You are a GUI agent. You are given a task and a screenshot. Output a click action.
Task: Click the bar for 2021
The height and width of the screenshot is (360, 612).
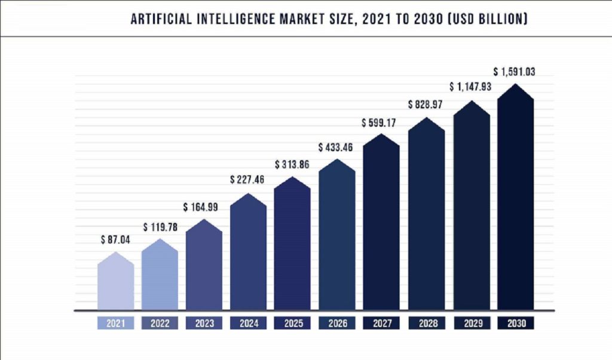tap(115, 282)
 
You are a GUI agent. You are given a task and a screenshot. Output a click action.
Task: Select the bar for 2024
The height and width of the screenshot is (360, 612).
tap(248, 254)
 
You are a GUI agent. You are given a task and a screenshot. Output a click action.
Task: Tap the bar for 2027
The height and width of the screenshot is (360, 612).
tap(381, 224)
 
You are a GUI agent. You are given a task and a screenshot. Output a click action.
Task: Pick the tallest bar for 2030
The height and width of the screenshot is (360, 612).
tap(515, 200)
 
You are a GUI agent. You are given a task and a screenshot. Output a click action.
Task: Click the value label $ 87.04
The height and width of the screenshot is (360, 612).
tap(115, 240)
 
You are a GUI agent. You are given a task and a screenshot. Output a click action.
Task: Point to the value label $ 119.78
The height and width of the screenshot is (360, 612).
tap(160, 227)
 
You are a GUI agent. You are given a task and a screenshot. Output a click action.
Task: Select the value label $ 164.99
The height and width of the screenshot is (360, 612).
tap(204, 208)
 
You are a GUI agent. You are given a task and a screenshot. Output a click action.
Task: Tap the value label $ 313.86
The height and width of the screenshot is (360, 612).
tap(292, 164)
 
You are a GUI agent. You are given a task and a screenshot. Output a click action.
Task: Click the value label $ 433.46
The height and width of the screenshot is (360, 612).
tap(336, 147)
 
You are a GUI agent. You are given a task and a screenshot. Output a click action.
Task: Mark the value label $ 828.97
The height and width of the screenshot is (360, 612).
tap(426, 105)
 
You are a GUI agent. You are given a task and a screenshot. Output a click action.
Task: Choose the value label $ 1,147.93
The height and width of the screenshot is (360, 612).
tap(470, 87)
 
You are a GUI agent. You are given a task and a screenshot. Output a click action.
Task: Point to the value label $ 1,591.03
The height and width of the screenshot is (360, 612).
tap(515, 72)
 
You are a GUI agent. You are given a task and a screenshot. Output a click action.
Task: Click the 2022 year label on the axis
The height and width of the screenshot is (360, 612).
tap(160, 324)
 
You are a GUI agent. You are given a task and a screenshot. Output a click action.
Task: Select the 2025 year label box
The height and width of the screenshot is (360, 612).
tap(292, 324)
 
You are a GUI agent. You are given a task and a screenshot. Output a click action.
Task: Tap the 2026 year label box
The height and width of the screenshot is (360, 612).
tap(336, 324)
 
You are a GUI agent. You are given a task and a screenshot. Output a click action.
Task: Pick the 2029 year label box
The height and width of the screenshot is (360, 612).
tap(470, 324)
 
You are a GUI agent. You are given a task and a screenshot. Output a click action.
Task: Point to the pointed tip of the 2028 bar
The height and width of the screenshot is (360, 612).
tap(426, 118)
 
